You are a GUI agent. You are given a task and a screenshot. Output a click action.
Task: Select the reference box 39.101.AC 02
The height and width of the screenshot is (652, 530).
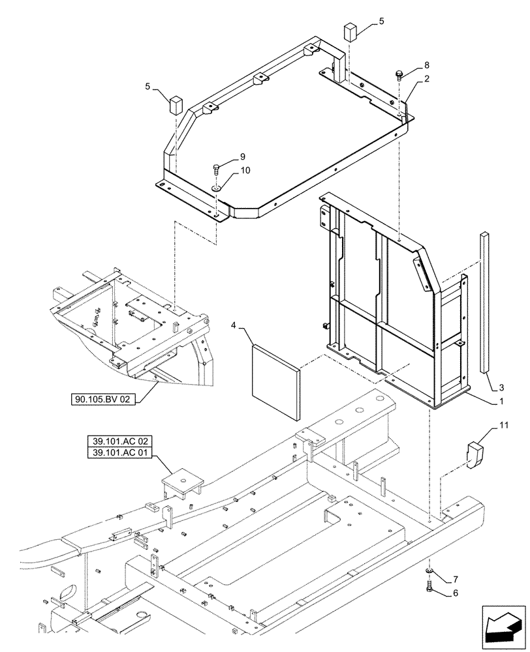click(x=117, y=441)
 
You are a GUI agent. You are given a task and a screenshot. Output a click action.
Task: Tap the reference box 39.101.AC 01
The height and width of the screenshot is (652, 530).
click(x=117, y=453)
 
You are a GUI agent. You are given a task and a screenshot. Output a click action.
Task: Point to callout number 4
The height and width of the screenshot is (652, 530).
click(x=234, y=324)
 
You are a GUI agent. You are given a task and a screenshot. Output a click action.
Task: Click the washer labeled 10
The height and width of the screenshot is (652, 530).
click(x=215, y=188)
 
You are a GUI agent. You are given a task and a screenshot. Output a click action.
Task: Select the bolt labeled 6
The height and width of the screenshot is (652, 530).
click(x=429, y=585)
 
